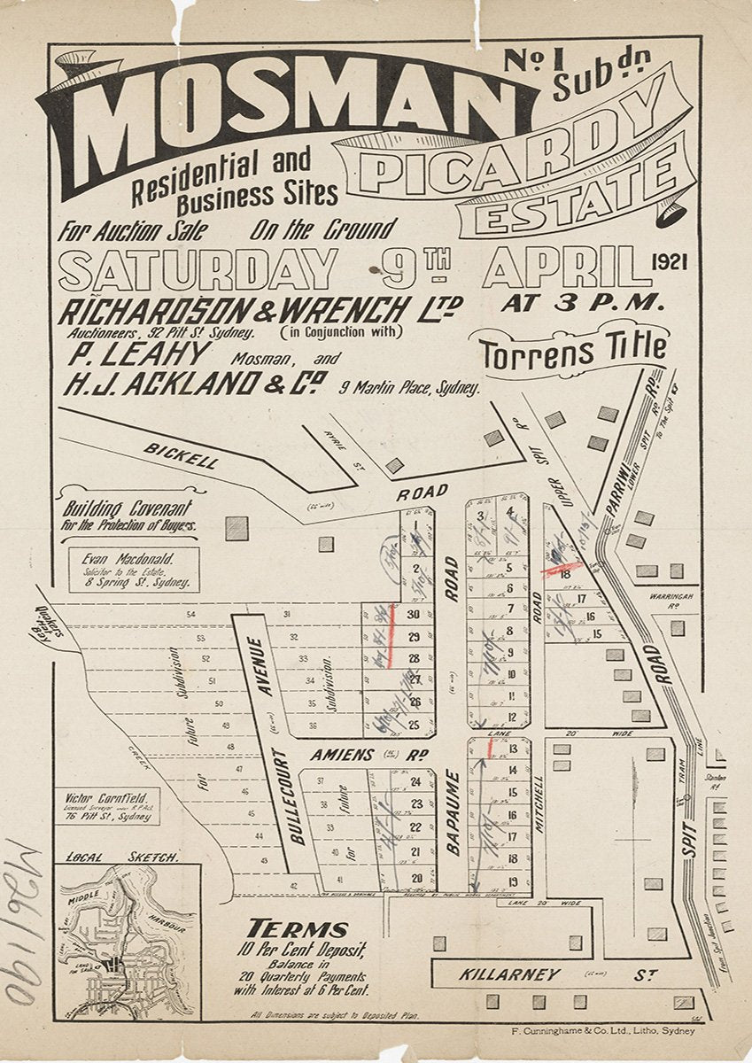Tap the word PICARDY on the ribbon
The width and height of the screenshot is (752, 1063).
point(514,146)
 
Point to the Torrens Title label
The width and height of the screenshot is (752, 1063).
point(573,351)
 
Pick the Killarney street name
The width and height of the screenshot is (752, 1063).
point(509,974)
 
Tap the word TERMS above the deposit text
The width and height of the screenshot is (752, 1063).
point(297,929)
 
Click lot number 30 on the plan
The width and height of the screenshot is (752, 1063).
point(413,615)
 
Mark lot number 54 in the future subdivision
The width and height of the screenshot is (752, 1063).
point(190,614)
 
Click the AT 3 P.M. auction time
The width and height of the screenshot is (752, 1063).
point(583,302)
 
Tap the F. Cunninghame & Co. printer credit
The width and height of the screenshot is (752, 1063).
point(604,1030)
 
